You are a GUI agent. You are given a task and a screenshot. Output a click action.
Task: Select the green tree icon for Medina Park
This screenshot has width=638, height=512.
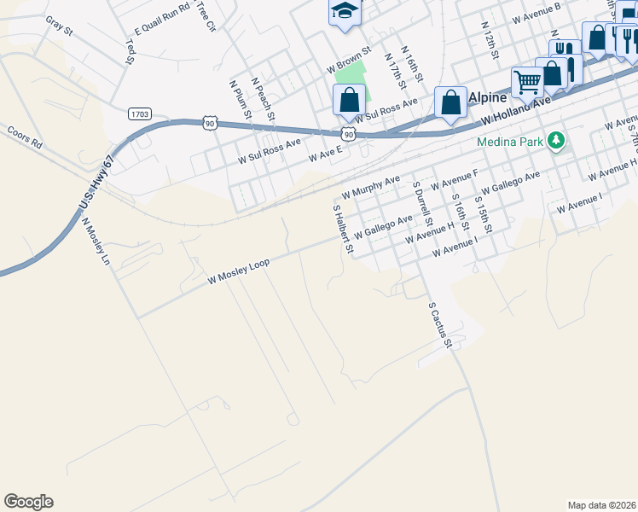pyautogui.click(x=557, y=139)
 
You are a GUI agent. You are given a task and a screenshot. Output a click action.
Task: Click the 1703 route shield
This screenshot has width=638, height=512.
pyautogui.click(x=141, y=113)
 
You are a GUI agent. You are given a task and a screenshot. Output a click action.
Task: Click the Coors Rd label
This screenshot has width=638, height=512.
pyautogui.click(x=24, y=138)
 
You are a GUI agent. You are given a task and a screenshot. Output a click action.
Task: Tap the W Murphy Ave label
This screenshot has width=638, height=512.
pyautogui.click(x=371, y=185)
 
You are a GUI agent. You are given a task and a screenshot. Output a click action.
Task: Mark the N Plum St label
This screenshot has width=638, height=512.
pyautogui.click(x=239, y=101)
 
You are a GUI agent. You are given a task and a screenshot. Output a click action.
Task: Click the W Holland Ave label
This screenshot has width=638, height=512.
pyautogui.click(x=513, y=110)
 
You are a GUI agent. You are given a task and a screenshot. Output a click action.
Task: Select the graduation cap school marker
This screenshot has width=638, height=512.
pyautogui.click(x=345, y=11)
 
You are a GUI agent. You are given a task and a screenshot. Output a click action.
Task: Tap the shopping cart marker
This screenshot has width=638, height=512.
pyautogui.click(x=528, y=83)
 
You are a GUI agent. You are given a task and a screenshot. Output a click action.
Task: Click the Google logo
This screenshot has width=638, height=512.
pyautogui.click(x=28, y=501)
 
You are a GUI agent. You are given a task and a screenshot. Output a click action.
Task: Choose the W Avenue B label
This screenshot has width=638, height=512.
pyautogui.click(x=536, y=13)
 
